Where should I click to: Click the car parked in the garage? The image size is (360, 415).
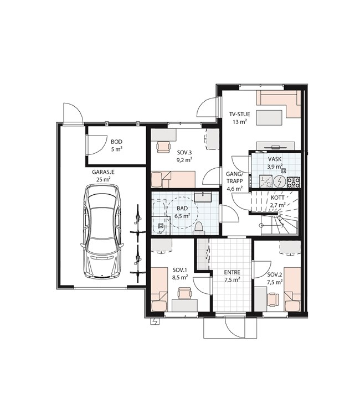pos(102,231)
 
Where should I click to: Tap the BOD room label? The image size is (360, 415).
pos(116,142)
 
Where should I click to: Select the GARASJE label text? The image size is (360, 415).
pos(104,172)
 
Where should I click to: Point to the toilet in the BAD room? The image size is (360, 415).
pos(199,229)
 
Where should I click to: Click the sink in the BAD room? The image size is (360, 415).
pos(203,198)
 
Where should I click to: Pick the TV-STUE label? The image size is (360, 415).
pos(240,115)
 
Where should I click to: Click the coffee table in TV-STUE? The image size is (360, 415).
pos(269,117)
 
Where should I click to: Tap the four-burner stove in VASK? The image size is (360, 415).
pos(294,182)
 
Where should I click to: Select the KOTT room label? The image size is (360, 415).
pos(277,198)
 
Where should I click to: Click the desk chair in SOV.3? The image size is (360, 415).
pos(163,147)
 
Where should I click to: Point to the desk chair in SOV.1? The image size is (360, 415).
pos(184,293)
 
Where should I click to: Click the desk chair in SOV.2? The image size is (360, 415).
pos(273,299)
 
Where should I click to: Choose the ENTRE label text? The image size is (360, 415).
pos(232,272)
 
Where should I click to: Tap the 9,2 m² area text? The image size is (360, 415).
pos(185,160)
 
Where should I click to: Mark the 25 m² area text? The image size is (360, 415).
pos(104,179)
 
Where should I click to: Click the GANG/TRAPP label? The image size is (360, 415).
pos(234,178)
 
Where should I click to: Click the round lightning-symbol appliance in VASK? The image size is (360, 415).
pos(279,181)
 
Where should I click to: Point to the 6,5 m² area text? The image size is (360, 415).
pos(183,216)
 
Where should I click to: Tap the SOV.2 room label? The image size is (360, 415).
pos(275,274)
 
